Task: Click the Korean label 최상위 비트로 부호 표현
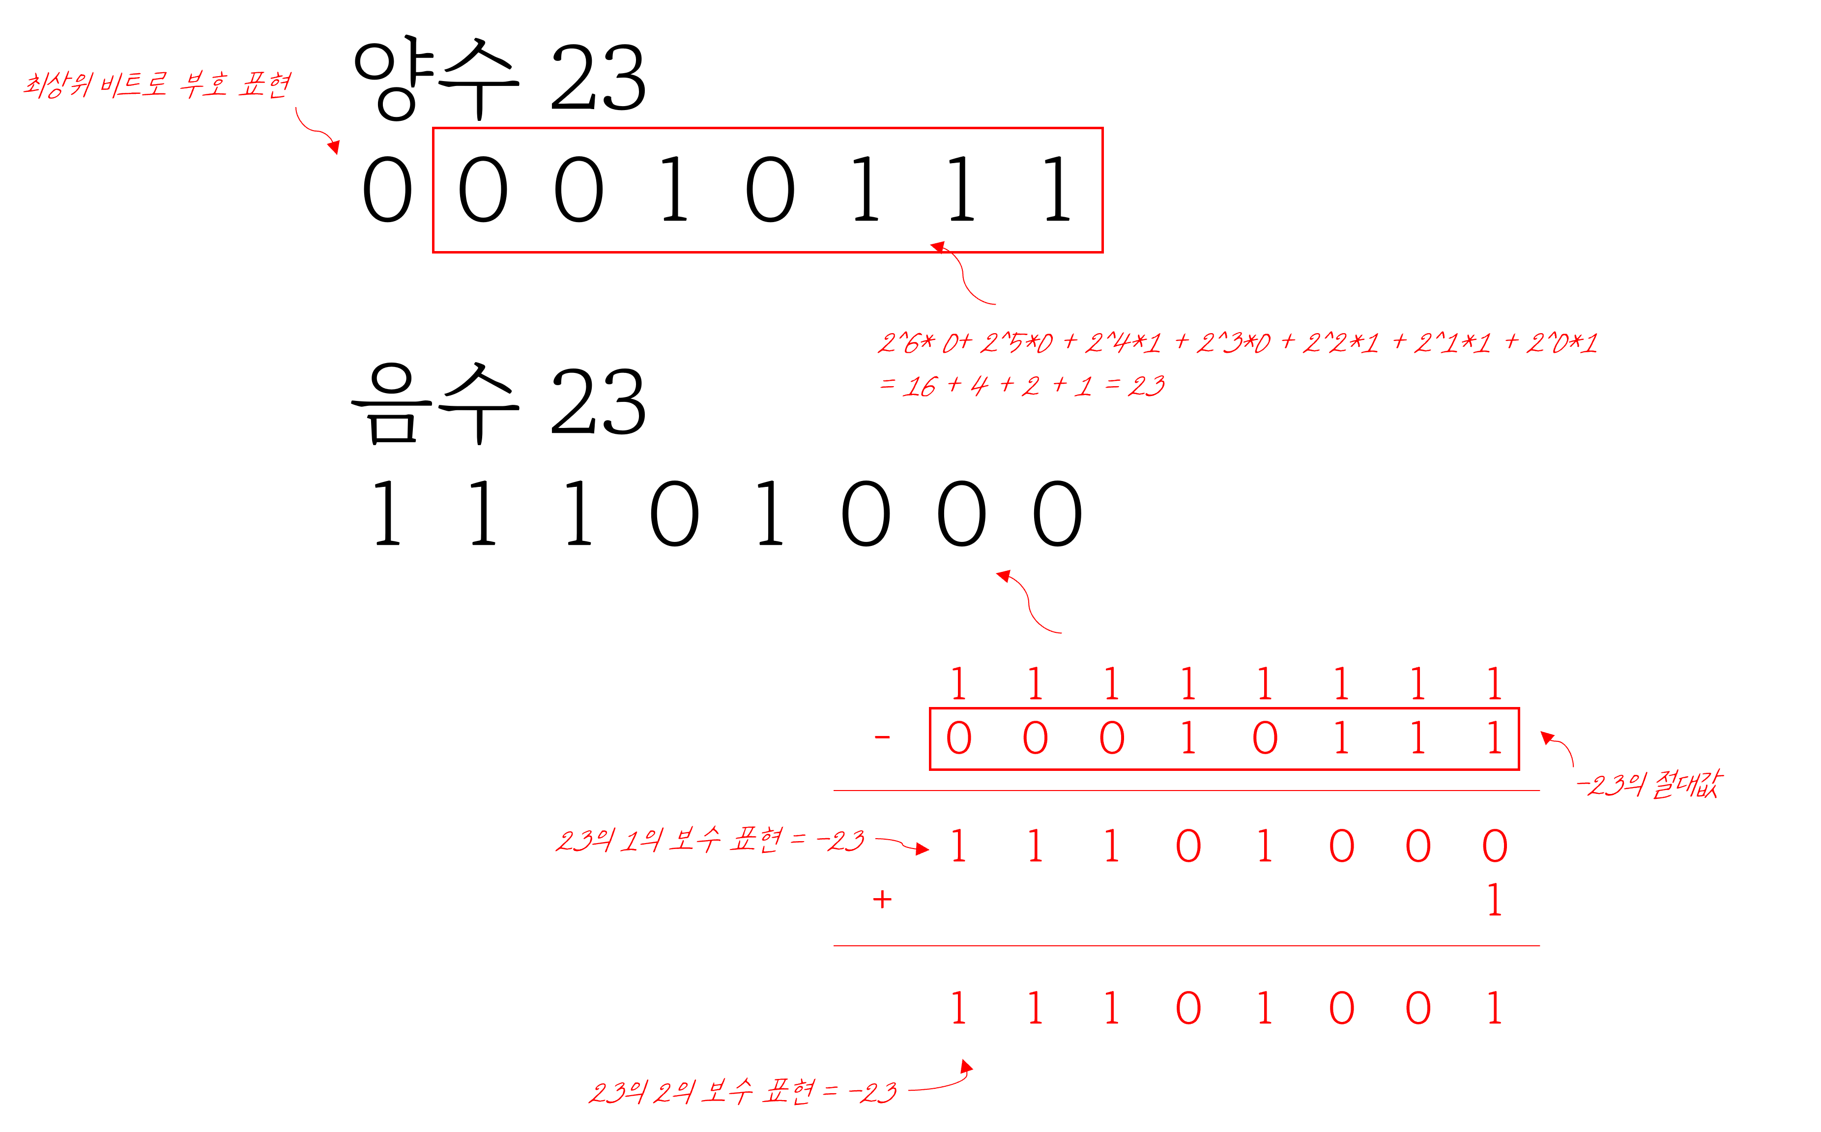[x=157, y=85]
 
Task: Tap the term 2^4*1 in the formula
[x=1123, y=343]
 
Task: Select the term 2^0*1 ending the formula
[x=1562, y=343]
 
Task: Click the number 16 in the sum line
[x=919, y=386]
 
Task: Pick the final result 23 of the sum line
[x=1146, y=386]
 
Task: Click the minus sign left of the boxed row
[x=882, y=737]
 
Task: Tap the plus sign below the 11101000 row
[x=882, y=899]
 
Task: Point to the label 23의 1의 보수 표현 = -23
[x=710, y=840]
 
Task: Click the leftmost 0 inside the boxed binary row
[x=958, y=738]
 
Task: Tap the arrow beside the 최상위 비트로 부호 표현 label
[x=316, y=132]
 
